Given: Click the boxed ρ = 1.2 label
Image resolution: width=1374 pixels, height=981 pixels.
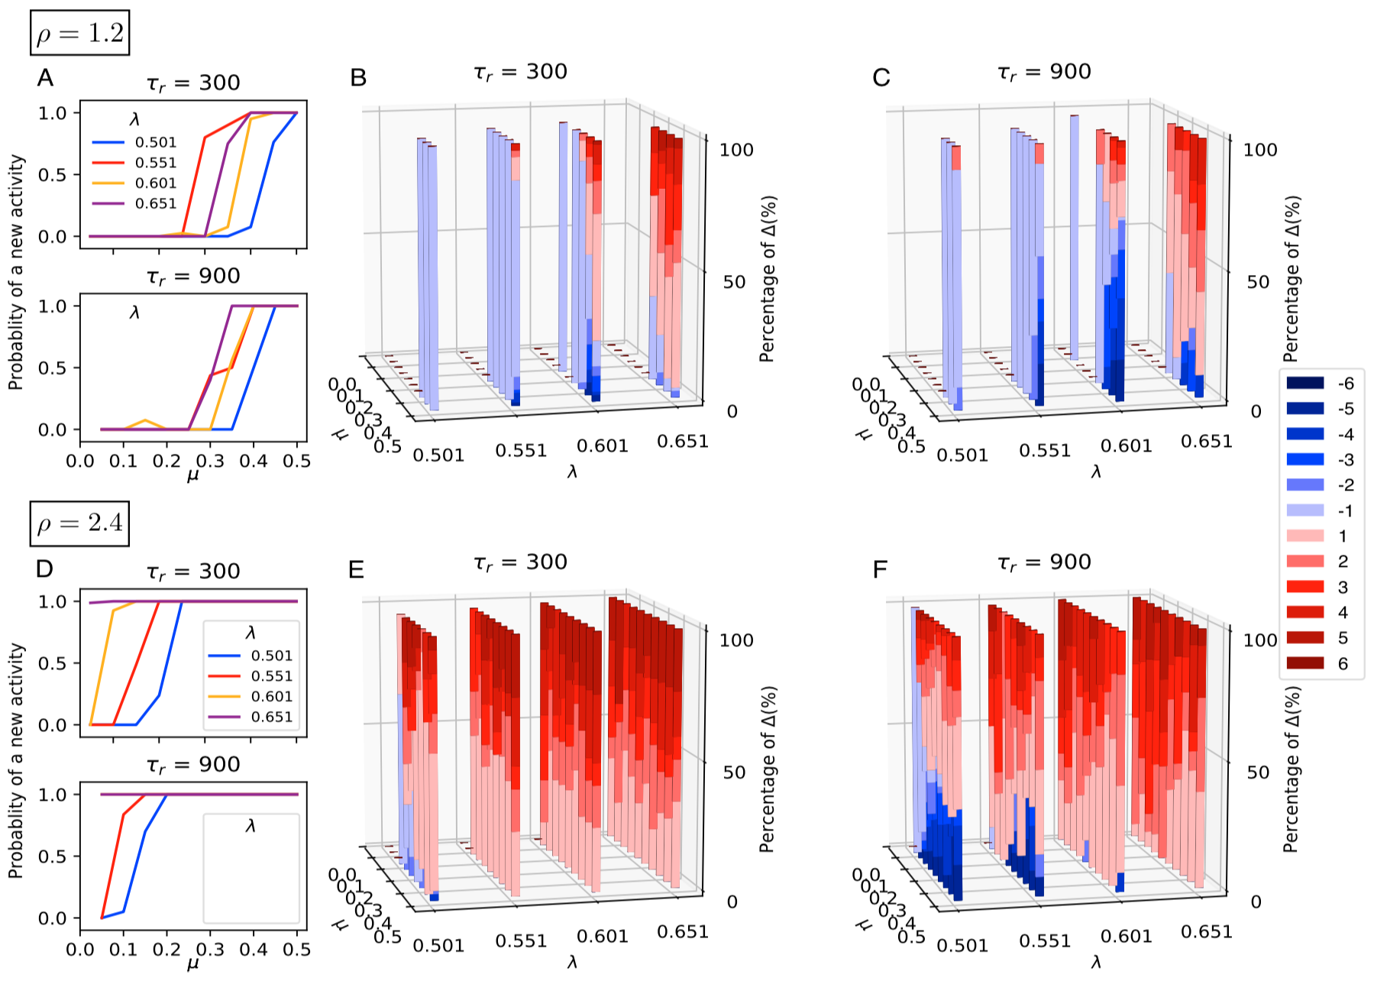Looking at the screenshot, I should click(x=80, y=33).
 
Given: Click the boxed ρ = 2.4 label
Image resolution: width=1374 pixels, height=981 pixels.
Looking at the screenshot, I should click(x=80, y=523).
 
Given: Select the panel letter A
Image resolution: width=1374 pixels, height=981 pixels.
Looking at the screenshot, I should click(x=45, y=78).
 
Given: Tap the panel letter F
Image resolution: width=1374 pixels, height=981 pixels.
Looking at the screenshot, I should click(x=880, y=570).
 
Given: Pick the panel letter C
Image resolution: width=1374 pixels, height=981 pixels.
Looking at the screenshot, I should click(x=881, y=78).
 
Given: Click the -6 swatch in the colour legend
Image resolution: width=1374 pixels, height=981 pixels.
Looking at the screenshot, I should click(x=1305, y=384).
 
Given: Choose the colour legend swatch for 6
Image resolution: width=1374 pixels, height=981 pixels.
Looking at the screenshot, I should click(x=1305, y=663).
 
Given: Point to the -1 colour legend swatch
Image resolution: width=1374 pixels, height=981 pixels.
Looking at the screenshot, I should click(x=1305, y=510).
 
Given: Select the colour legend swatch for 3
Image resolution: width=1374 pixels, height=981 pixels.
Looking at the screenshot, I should click(x=1305, y=587).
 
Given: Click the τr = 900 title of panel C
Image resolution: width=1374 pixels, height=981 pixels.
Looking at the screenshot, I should click(x=1044, y=73).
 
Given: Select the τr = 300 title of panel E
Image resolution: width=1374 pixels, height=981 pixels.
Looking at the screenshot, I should click(x=520, y=563).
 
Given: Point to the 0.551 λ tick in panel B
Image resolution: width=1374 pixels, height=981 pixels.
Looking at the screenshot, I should click(x=521, y=451).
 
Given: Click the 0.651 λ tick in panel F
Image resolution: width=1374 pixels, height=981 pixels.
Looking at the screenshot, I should click(x=1207, y=932).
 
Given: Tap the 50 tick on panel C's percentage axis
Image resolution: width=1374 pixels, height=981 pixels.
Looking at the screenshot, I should click(x=1259, y=282).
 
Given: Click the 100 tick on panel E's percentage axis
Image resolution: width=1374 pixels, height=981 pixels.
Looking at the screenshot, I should click(x=736, y=640).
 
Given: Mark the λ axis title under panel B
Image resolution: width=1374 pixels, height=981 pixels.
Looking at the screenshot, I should click(x=572, y=472).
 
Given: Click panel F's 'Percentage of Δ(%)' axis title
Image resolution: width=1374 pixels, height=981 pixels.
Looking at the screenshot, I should click(x=1291, y=769).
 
